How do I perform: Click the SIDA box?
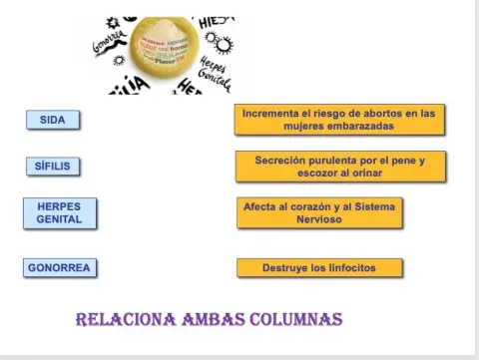click(53, 120)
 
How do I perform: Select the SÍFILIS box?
click(53, 166)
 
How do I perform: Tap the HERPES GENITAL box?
click(60, 212)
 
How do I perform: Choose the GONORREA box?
click(59, 267)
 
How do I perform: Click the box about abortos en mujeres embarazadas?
click(339, 120)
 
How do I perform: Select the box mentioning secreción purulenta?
click(340, 166)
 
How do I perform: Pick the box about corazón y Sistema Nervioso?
click(319, 212)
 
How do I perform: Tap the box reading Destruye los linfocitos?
click(319, 267)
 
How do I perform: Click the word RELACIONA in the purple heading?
click(125, 320)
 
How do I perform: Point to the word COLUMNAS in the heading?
click(295, 320)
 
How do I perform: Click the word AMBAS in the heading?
click(212, 320)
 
